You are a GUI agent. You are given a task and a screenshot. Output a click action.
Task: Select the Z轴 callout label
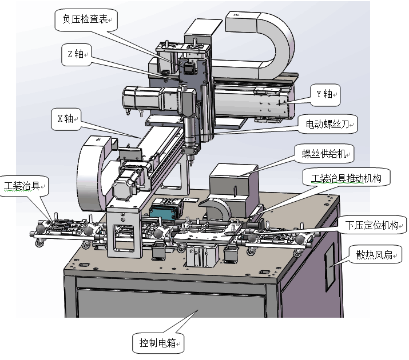[x=74, y=55]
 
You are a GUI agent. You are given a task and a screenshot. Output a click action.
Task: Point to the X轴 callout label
[x=65, y=119]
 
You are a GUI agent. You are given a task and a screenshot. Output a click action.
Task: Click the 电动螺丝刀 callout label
[x=326, y=123]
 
